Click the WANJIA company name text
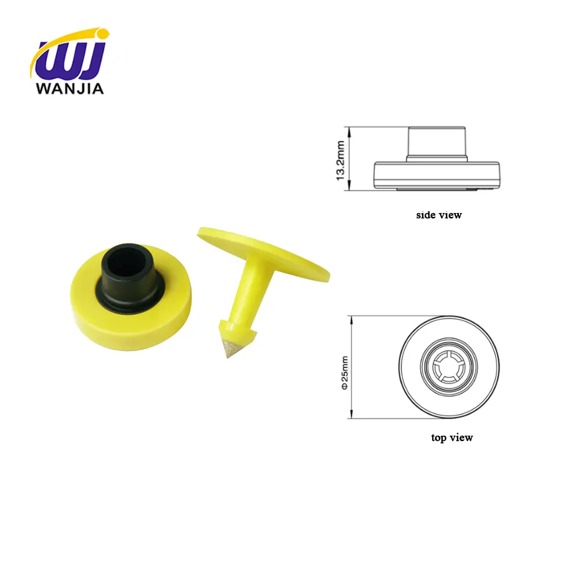pyautogui.click(x=69, y=89)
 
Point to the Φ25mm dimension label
pyautogui.click(x=344, y=372)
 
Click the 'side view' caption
pyautogui.click(x=438, y=215)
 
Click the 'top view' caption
pyautogui.click(x=452, y=437)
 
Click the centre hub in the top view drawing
pyautogui.click(x=449, y=367)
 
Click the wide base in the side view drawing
pyautogui.click(x=436, y=173)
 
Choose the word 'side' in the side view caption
pyautogui.click(x=426, y=215)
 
